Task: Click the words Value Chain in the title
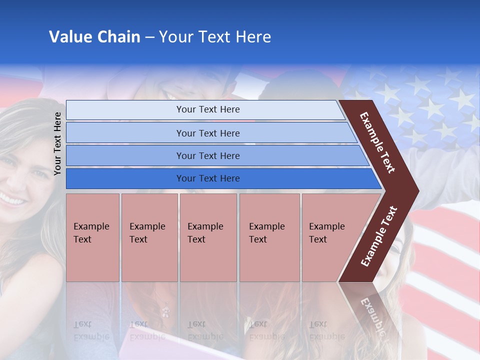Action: click(94, 37)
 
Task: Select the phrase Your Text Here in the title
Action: click(215, 37)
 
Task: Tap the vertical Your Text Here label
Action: click(57, 143)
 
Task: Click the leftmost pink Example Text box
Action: click(92, 237)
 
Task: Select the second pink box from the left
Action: click(149, 237)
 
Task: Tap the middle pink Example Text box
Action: click(208, 237)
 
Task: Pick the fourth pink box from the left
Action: click(269, 237)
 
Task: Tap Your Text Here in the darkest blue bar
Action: click(208, 178)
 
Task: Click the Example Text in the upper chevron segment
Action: click(377, 142)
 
